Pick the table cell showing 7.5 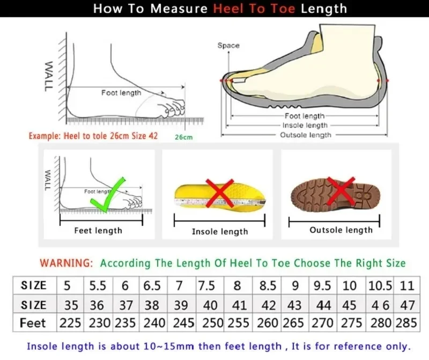pos(207,285)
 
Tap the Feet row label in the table pos(33,323)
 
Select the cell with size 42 pos(268,305)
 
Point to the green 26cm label pos(183,137)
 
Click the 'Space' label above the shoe pos(228,46)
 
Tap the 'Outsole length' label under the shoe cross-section pos(306,135)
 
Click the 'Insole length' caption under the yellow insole pos(220,232)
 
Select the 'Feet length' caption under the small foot pos(98,231)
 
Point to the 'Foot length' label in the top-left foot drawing pos(121,93)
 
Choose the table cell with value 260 pos(268,323)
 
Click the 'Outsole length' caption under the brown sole pos(341,230)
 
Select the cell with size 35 pos(71,305)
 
